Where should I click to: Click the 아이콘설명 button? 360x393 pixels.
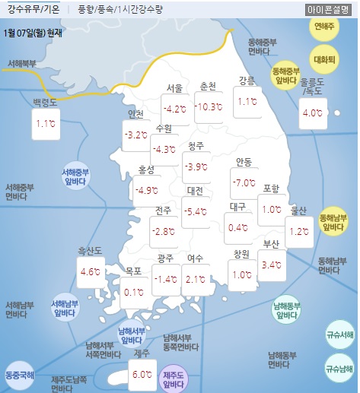point(328,10)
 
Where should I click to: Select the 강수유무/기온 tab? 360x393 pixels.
point(33,10)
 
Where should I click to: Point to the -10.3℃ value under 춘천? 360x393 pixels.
point(209,106)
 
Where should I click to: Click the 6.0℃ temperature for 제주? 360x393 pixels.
point(142,375)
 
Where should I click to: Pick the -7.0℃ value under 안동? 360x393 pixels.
point(244,183)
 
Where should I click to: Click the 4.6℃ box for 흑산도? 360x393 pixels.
point(91,271)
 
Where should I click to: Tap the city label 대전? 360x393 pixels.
point(196,190)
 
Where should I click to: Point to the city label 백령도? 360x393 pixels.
point(46,101)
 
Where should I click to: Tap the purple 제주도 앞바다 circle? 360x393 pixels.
point(174,379)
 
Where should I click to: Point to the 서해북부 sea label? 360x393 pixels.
point(21,63)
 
